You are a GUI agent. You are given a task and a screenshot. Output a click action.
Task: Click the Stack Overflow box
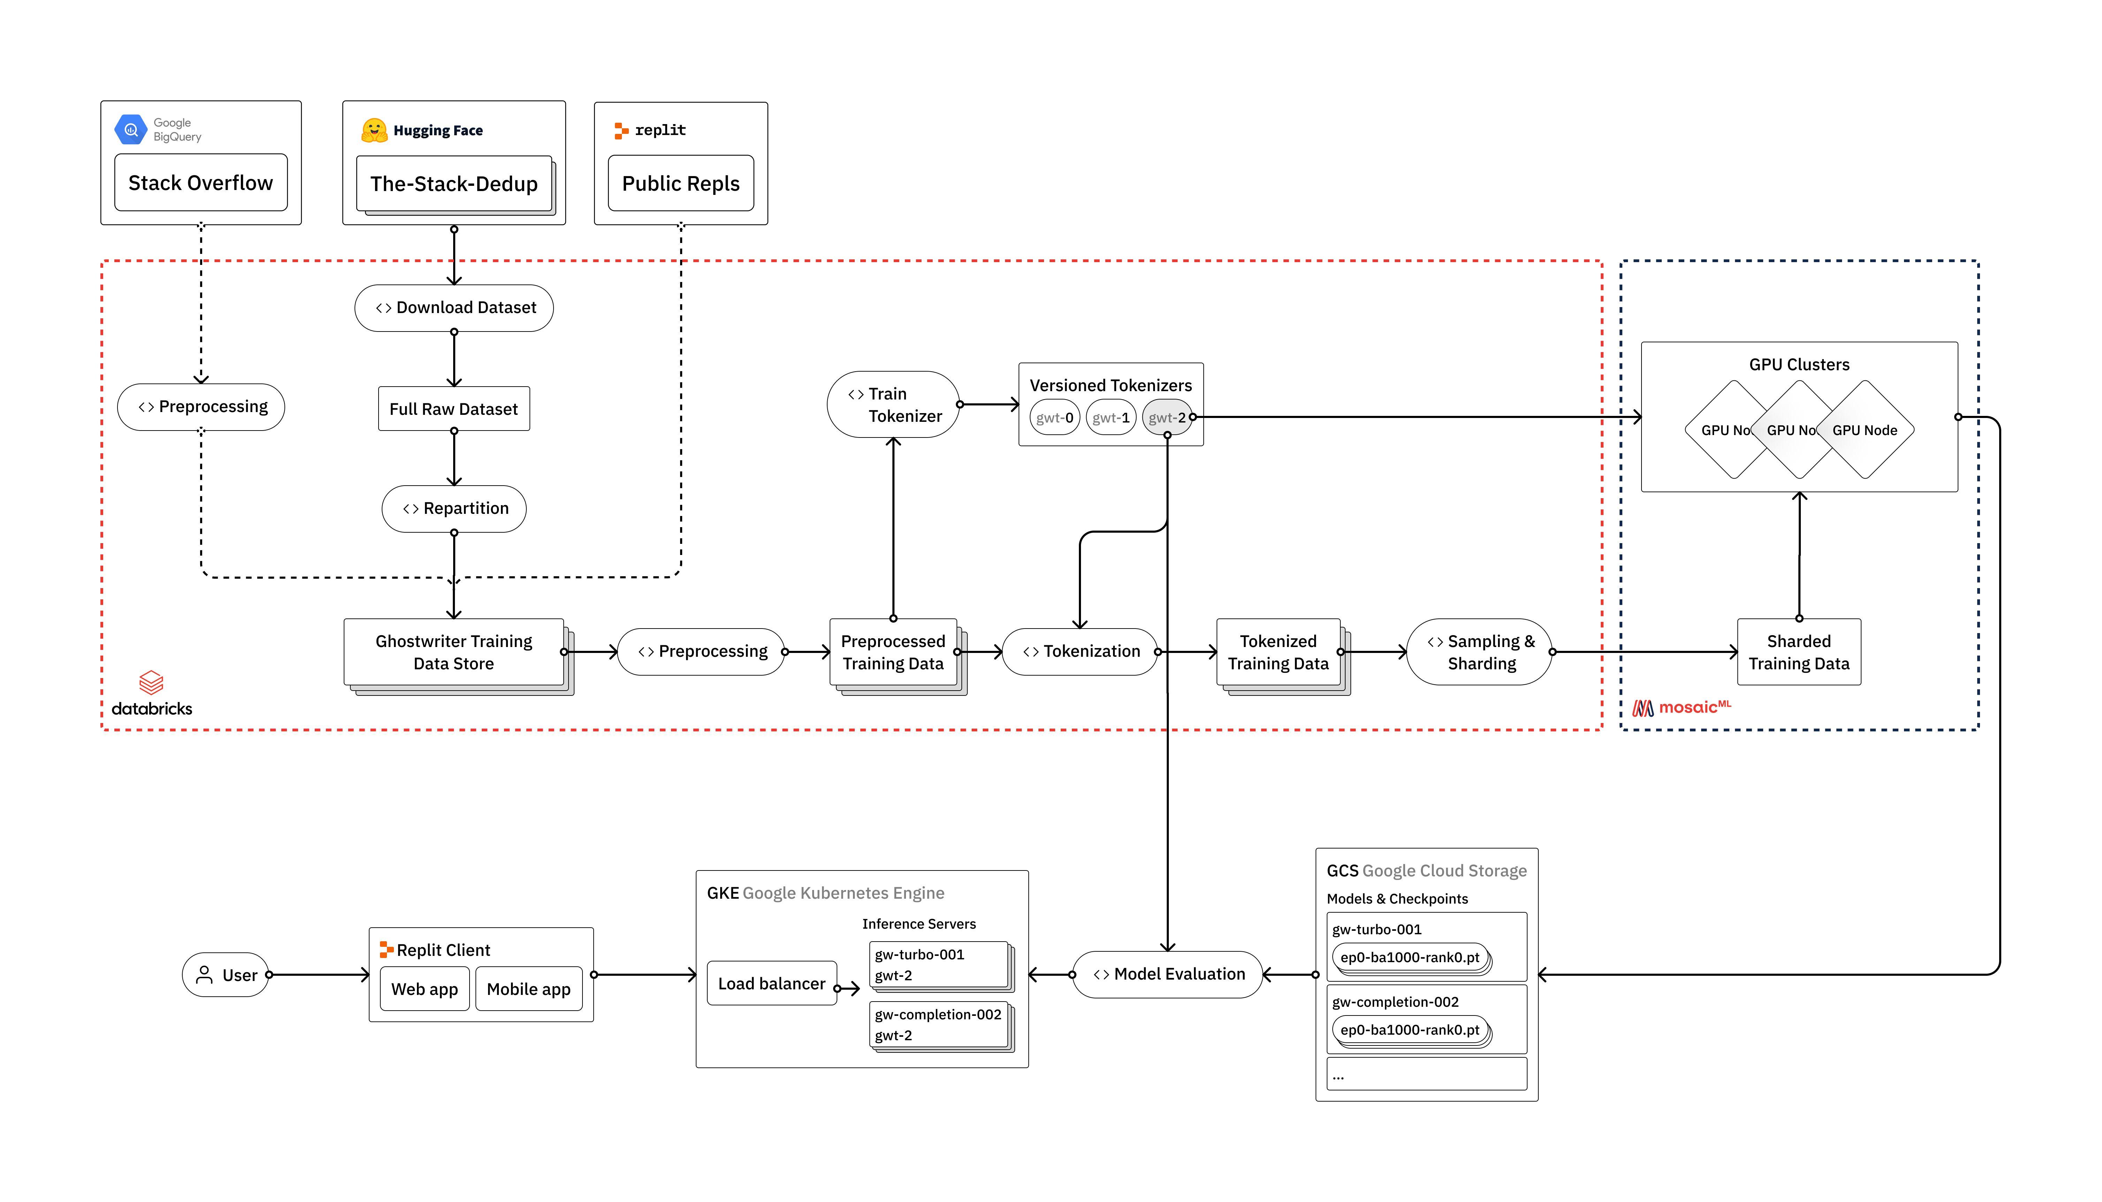[x=200, y=182]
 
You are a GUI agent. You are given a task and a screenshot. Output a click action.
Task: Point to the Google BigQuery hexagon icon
[x=130, y=130]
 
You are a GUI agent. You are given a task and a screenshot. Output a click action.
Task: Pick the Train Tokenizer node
[x=893, y=404]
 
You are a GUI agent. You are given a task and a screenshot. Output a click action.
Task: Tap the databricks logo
[x=152, y=693]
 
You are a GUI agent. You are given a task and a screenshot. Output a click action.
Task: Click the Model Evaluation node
[x=1168, y=974]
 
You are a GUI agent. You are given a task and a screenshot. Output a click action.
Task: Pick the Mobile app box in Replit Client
[x=528, y=989]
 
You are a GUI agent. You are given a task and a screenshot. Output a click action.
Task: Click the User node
[x=226, y=975]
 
